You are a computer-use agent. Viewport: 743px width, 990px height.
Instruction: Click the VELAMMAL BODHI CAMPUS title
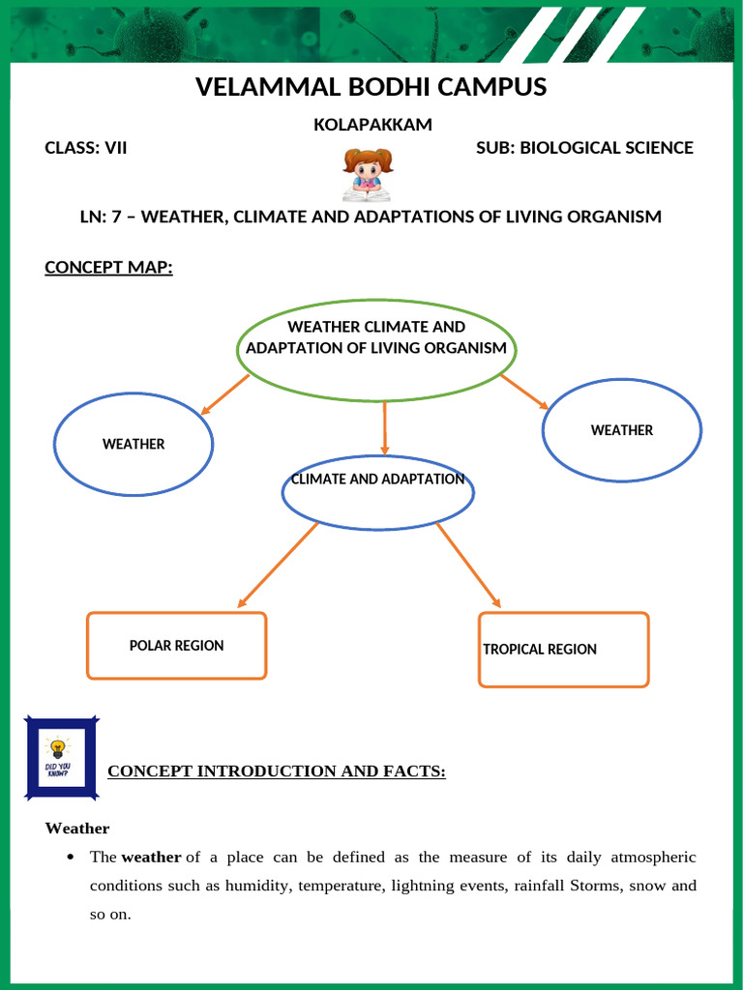371,87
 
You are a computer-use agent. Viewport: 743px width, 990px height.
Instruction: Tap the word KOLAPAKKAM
371,125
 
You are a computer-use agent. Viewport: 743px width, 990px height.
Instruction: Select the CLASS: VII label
86,148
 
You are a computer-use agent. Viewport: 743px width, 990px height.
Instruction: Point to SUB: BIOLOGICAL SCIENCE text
584,148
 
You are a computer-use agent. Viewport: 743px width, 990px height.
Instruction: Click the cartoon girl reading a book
368,174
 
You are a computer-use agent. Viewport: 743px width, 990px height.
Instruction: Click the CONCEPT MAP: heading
108,267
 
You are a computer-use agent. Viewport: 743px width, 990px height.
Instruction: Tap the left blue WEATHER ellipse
134,445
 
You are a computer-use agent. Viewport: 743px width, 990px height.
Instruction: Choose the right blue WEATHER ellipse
622,430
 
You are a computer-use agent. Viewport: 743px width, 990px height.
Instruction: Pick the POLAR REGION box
176,645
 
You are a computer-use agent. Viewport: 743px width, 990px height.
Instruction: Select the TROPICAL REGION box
563,649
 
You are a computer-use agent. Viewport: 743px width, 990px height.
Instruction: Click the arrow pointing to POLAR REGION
278,564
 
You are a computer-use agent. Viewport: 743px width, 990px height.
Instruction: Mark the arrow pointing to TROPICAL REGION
468,565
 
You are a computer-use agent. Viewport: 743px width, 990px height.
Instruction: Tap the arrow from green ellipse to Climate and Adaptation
385,427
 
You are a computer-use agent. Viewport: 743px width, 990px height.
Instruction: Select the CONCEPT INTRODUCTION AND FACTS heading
276,771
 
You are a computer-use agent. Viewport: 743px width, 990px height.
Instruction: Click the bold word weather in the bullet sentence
151,857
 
